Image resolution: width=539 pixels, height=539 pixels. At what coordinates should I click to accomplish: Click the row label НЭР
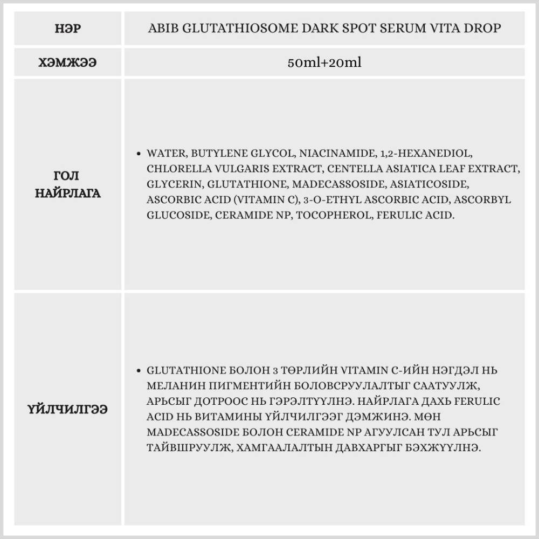(68, 28)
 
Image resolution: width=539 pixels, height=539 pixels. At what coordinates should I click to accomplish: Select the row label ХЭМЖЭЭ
(68, 62)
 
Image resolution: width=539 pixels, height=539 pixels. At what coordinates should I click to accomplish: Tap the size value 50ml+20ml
(324, 62)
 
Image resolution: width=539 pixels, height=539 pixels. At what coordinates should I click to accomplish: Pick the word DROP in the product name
(483, 28)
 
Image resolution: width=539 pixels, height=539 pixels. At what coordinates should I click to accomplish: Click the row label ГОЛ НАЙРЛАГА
(68, 184)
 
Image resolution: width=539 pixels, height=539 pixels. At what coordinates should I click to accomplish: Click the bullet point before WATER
(140, 154)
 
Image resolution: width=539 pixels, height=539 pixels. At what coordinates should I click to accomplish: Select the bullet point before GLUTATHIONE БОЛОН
(140, 371)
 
